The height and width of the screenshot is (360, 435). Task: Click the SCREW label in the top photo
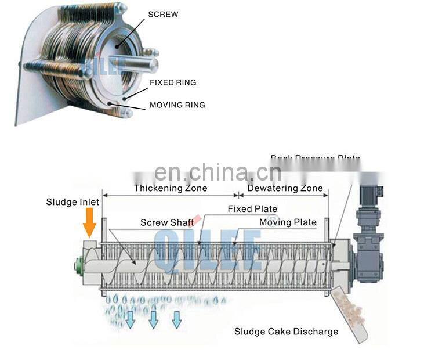pyautogui.click(x=164, y=14)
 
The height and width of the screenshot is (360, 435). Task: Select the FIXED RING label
pyautogui.click(x=173, y=82)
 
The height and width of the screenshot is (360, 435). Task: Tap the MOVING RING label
pyautogui.click(x=177, y=105)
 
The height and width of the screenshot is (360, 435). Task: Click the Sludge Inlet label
pyautogui.click(x=72, y=202)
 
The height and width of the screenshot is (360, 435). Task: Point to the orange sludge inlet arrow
pyautogui.click(x=89, y=223)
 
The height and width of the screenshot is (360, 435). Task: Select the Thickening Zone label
pyautogui.click(x=171, y=188)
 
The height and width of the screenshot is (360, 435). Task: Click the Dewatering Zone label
pyautogui.click(x=285, y=188)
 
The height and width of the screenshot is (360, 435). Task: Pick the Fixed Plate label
pyautogui.click(x=252, y=209)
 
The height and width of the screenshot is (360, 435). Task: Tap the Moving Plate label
pyautogui.click(x=288, y=222)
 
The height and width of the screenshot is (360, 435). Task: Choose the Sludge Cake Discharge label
pyautogui.click(x=286, y=332)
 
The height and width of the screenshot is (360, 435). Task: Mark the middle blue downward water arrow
pyautogui.click(x=153, y=319)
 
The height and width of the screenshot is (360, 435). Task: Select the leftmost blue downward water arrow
pyautogui.click(x=130, y=319)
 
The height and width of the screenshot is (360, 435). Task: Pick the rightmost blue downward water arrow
pyautogui.click(x=176, y=319)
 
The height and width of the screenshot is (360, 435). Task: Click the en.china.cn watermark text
pyautogui.click(x=217, y=172)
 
